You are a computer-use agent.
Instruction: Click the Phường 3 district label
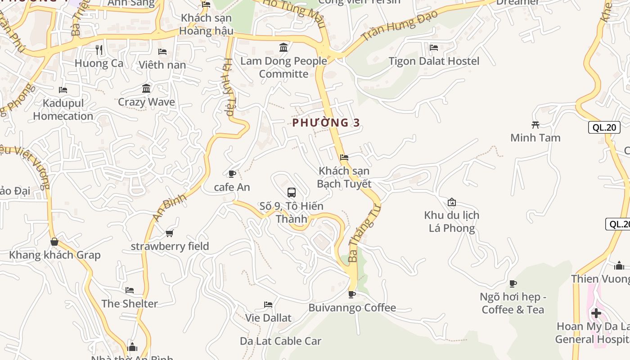point(326,122)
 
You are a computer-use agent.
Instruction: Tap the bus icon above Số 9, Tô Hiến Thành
point(292,193)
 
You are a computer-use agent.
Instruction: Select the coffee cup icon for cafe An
point(232,174)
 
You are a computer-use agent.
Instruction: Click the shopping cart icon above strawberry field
point(170,233)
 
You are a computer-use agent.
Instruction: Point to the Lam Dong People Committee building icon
point(283,47)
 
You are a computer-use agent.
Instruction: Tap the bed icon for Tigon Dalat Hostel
point(434,47)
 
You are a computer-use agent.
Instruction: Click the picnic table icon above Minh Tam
point(535,125)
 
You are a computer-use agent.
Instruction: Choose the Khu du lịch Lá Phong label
point(451,221)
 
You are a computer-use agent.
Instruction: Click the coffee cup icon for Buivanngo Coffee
point(352,295)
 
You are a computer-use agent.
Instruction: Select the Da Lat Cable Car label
point(280,341)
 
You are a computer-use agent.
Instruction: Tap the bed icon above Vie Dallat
point(268,305)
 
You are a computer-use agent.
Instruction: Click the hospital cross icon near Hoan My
point(596,313)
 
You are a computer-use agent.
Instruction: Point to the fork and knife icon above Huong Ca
point(99,50)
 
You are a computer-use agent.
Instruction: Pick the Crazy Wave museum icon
point(146,89)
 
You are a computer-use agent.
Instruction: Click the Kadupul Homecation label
point(63,110)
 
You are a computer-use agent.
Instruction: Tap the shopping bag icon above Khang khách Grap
point(54,242)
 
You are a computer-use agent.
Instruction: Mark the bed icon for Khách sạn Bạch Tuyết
point(344,157)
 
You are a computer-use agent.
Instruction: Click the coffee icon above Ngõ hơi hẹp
point(513,283)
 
